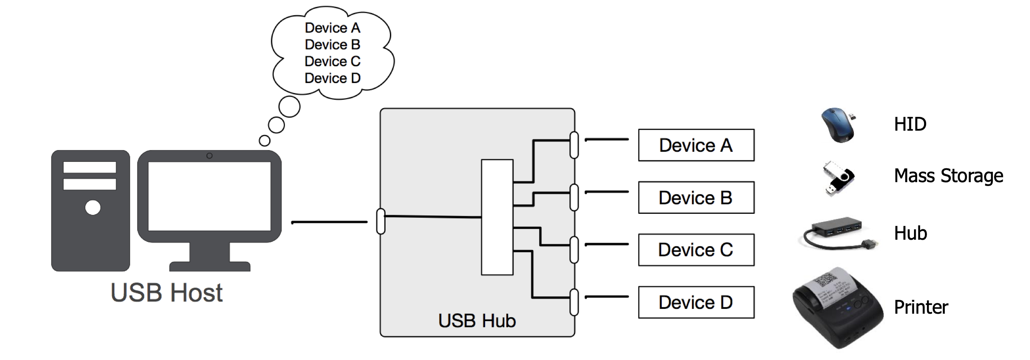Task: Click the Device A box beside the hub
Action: (696, 145)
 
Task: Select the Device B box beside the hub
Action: (696, 198)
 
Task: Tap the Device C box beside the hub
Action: (696, 250)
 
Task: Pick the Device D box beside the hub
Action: (696, 302)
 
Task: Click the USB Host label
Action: (167, 293)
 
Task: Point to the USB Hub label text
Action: (477, 321)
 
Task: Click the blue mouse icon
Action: (838, 125)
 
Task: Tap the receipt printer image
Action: (837, 308)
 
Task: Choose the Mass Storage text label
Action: (948, 176)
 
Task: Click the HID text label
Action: (910, 125)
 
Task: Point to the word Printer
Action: (921, 308)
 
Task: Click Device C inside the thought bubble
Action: (332, 61)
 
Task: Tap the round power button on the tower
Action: (93, 208)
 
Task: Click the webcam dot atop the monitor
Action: (209, 156)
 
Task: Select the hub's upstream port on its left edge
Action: (381, 222)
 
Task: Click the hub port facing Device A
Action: (574, 145)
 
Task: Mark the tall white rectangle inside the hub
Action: (497, 217)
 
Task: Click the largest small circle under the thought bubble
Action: (289, 106)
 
